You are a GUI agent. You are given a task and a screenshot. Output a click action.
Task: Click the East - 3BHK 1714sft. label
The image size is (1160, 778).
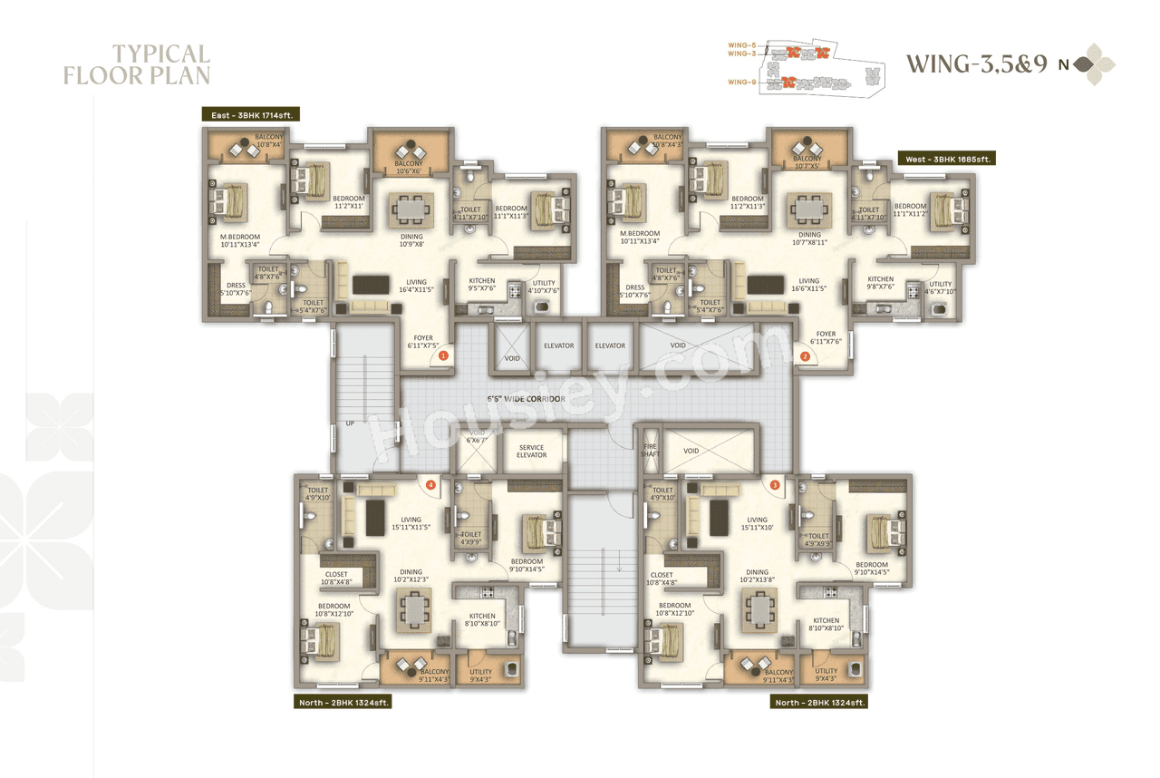tap(251, 114)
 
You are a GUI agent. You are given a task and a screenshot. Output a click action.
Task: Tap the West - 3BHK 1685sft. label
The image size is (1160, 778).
tap(946, 159)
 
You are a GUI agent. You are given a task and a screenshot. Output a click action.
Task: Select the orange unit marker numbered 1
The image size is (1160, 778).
tap(443, 356)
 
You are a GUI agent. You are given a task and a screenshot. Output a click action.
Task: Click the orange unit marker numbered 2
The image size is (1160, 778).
tap(805, 356)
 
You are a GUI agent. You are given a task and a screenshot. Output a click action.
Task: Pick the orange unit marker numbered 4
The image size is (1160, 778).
tap(430, 485)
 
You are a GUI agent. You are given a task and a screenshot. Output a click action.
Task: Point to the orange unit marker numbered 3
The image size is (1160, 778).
tap(775, 485)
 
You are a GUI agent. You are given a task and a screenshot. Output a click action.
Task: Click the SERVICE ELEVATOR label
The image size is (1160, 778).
tap(531, 451)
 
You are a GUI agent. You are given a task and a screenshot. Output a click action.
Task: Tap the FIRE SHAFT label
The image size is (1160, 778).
tap(650, 450)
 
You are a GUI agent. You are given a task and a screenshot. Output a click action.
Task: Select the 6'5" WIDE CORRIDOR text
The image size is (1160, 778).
tap(526, 399)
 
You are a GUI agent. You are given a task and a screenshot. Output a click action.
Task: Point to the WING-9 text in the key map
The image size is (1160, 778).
tap(741, 83)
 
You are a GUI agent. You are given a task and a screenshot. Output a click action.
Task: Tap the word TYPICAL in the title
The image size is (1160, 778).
tap(161, 54)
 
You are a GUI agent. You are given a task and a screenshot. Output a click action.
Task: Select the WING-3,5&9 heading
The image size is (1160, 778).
tap(977, 64)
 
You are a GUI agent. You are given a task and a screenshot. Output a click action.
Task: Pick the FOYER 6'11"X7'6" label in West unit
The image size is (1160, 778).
tap(826, 337)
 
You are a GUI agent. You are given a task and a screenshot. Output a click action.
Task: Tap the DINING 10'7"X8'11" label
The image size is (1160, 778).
tap(809, 238)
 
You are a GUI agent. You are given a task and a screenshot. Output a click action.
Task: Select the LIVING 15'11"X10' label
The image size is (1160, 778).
tap(757, 523)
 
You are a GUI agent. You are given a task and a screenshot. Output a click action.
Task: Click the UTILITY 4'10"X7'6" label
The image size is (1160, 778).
tap(544, 287)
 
